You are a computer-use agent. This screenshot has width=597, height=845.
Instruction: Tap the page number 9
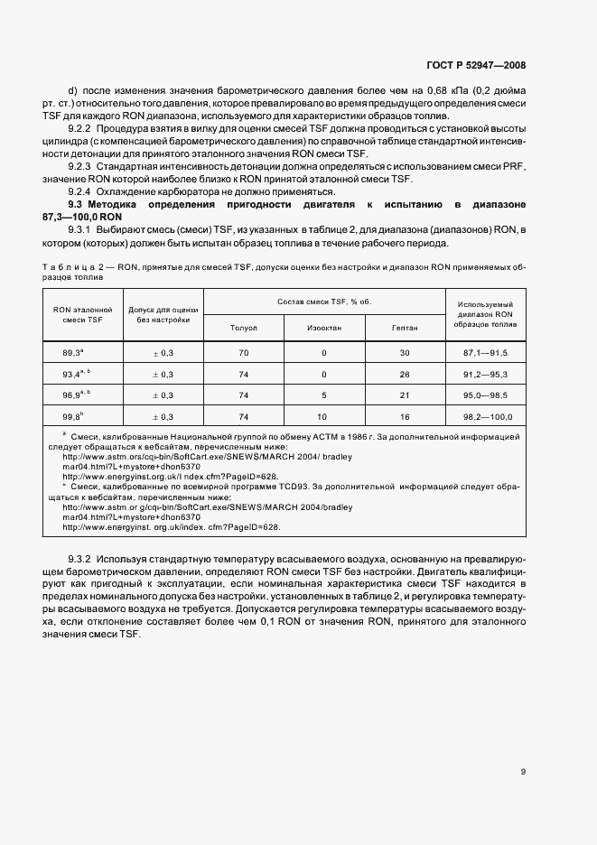click(x=524, y=771)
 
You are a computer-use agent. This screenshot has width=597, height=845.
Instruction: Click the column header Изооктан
click(x=323, y=328)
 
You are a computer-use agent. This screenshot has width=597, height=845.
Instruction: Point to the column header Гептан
click(x=405, y=328)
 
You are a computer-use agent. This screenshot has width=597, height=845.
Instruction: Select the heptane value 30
click(x=405, y=352)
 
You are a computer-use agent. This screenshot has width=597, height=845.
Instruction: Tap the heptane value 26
click(x=405, y=374)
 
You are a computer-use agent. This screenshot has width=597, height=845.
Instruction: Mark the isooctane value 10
click(x=323, y=417)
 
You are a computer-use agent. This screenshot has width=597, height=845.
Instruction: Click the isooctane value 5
click(x=323, y=395)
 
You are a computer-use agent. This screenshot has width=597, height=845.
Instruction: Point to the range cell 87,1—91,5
click(x=487, y=352)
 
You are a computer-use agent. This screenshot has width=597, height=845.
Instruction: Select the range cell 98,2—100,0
click(x=487, y=417)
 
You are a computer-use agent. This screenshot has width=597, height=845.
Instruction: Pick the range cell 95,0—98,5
click(x=487, y=395)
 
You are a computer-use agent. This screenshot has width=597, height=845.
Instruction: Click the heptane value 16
click(x=405, y=417)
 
